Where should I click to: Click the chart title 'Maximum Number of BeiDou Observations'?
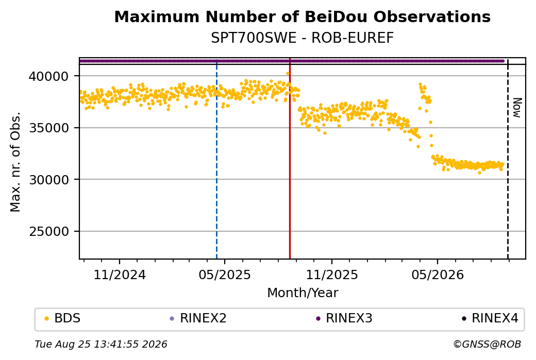(302, 16)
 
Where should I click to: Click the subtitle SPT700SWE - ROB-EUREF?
(302, 38)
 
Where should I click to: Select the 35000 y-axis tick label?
(49, 128)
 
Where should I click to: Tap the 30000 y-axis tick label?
(49, 180)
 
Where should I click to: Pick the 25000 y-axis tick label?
(49, 232)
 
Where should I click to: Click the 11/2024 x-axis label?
(120, 275)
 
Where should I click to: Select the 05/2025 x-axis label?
(225, 275)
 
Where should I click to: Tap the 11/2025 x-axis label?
(331, 275)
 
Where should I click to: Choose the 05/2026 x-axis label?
(438, 275)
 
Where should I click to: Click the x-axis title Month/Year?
(303, 293)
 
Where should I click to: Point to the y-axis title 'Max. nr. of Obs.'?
(15, 162)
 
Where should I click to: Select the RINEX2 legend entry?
(198, 318)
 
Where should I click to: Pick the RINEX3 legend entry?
(344, 318)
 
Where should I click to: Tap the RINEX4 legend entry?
(490, 318)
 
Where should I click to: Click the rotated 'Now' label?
(517, 108)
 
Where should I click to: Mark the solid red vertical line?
(290, 159)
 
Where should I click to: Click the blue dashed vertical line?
(217, 159)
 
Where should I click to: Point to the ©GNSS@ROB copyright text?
(487, 344)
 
